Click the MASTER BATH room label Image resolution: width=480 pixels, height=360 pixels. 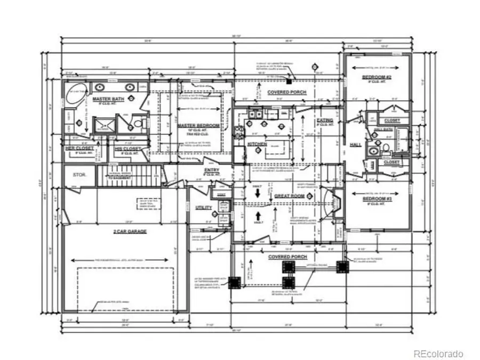pyautogui.click(x=105, y=100)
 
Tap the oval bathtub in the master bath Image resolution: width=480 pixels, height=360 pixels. pyautogui.click(x=75, y=94)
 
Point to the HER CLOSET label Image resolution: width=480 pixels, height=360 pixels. pyautogui.click(x=79, y=148)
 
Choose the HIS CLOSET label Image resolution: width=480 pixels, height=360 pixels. pyautogui.click(x=128, y=148)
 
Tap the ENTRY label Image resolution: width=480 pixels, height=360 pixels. pyautogui.click(x=212, y=171)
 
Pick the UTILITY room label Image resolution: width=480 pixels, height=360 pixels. pyautogui.click(x=204, y=207)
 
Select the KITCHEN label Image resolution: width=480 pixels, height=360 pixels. pyautogui.click(x=257, y=144)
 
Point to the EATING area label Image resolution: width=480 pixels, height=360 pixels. pyautogui.click(x=325, y=121)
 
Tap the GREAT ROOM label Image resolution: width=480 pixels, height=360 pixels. pyautogui.click(x=289, y=196)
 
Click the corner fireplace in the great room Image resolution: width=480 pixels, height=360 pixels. pyautogui.click(x=337, y=203)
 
